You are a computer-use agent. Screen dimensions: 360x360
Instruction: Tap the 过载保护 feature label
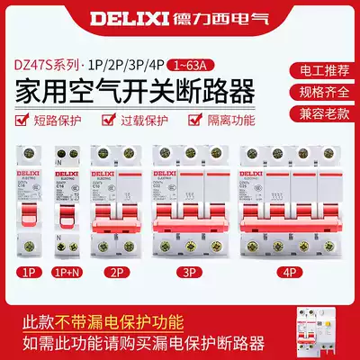click(143, 118)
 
